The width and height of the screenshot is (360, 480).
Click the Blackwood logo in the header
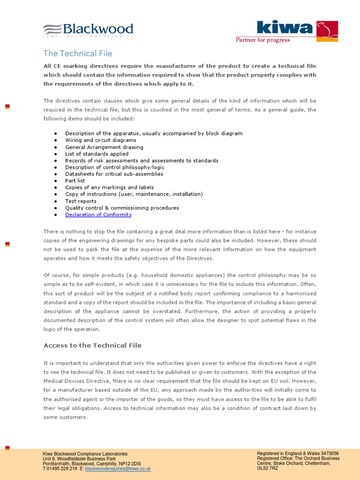(x=88, y=30)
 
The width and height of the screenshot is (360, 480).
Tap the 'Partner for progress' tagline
(x=262, y=40)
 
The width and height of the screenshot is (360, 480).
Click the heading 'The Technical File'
(x=78, y=53)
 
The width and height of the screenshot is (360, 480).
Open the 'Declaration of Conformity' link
(x=98, y=215)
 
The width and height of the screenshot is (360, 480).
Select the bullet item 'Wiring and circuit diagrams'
(x=101, y=140)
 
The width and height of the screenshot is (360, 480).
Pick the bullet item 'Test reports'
(x=81, y=201)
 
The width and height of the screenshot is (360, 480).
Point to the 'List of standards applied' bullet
(x=97, y=154)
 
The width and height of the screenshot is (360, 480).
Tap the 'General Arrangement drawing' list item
(x=104, y=147)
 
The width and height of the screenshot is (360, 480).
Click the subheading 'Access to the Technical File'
(x=92, y=345)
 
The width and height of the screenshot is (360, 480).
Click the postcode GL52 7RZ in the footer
(x=268, y=468)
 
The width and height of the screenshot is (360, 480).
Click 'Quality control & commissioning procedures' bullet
(x=122, y=208)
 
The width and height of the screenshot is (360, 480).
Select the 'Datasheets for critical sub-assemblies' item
(x=114, y=174)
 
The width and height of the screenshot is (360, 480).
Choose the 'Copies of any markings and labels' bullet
(x=109, y=187)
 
